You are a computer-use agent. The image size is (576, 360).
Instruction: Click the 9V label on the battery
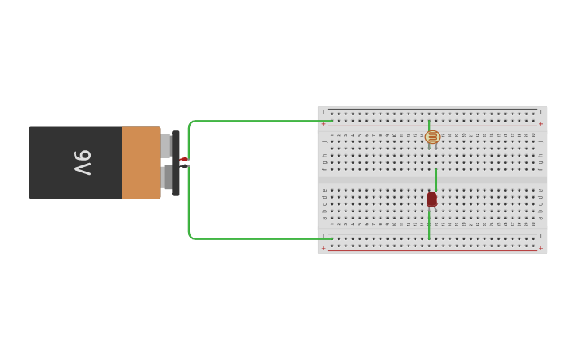point(82,163)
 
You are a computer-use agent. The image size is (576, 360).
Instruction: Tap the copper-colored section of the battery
point(141,163)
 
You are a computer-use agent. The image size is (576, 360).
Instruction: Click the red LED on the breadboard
point(431,199)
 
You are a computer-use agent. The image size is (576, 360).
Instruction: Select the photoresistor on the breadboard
point(432,137)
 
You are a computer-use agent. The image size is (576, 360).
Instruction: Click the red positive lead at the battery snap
point(184,159)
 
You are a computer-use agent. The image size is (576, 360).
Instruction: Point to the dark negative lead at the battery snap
point(184,166)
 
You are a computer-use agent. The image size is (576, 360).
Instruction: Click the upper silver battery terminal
point(165,145)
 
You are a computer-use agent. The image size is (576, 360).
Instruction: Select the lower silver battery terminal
point(165,177)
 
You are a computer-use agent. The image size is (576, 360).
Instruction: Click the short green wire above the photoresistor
point(429,126)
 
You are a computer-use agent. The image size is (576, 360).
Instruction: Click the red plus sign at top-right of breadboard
point(541,124)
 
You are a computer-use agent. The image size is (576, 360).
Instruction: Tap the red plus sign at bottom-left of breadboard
point(323,248)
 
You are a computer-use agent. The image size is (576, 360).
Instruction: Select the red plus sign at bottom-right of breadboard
point(541,248)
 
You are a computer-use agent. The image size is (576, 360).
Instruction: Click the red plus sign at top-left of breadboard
point(323,124)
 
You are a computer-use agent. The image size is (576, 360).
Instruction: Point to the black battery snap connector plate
point(176,163)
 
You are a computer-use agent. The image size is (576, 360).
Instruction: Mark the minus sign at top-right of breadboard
point(541,111)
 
